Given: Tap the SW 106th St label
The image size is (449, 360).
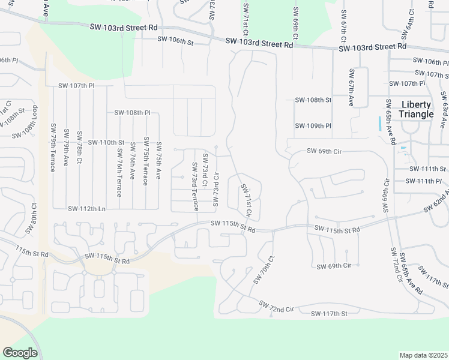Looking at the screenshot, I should coord(175,42).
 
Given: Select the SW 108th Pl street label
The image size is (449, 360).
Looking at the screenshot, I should coord(132,112).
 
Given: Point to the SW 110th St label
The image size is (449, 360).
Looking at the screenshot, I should coord(106,142).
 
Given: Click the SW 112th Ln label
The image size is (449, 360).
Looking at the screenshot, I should coord(86,209).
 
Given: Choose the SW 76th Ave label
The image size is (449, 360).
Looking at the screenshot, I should coord(131,163).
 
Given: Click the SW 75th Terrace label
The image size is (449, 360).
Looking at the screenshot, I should coord(145,160).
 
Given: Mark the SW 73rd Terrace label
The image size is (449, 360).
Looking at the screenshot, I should coord(194,187).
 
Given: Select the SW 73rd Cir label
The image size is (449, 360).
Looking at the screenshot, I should coord(215,190).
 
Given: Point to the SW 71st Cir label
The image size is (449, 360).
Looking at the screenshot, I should coord(247,200).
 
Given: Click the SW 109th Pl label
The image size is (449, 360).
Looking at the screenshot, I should coord(313,126).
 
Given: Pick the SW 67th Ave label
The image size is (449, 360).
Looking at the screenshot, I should coord(352,88).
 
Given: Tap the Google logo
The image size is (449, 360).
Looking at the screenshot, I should coord(20,353).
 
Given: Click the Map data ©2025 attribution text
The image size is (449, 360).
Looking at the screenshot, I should coord(423,355).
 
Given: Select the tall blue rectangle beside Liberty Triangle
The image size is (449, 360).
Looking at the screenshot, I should coord(380,124).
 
